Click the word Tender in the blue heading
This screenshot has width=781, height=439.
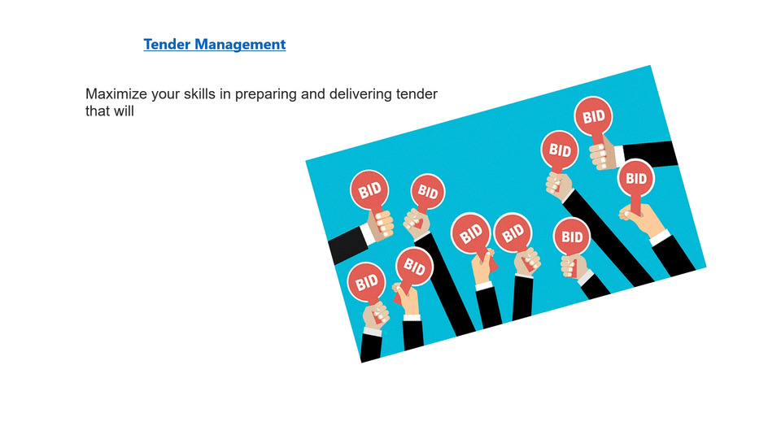click(167, 44)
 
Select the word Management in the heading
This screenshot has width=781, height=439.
click(240, 44)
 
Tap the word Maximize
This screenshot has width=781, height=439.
click(116, 94)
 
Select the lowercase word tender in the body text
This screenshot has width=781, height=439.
click(417, 94)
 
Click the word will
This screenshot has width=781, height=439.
click(124, 111)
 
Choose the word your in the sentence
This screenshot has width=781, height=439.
click(165, 94)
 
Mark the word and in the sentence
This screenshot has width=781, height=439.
click(312, 94)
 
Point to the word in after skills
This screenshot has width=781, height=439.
click(225, 94)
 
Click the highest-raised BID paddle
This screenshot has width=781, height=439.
click(593, 117)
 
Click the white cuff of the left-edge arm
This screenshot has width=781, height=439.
click(368, 233)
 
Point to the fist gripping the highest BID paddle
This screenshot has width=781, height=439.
click(602, 153)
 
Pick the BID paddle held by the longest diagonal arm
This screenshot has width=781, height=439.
click(560, 150)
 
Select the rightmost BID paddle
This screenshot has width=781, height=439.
click(635, 179)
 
